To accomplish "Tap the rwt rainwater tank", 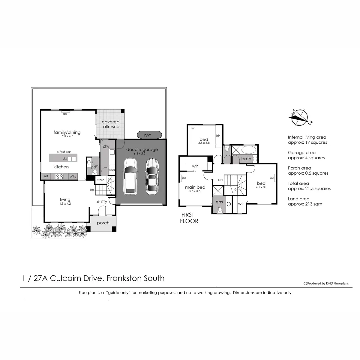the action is click(x=147, y=135).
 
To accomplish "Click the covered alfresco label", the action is click(x=111, y=124).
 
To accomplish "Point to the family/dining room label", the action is click(x=67, y=132).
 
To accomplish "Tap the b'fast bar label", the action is click(x=63, y=152).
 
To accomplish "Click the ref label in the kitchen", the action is click(x=46, y=176).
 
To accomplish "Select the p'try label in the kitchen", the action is click(x=73, y=177).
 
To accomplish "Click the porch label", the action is click(x=103, y=223).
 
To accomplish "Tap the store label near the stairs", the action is click(x=101, y=180).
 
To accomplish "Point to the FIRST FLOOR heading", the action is click(x=189, y=218).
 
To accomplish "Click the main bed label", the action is click(x=195, y=187).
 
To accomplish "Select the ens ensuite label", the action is click(x=219, y=202).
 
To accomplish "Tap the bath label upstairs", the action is click(x=246, y=159).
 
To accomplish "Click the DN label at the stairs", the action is click(x=220, y=180).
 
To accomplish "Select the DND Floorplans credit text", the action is click(x=326, y=283).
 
